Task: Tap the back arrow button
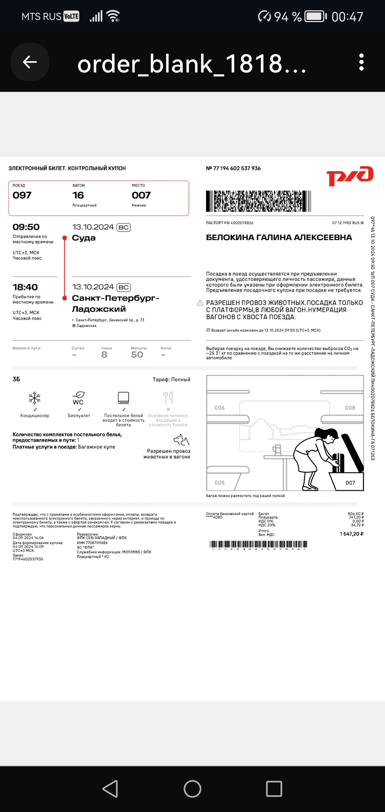(x=30, y=62)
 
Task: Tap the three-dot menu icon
(x=361, y=62)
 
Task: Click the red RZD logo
(x=350, y=176)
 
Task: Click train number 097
(x=22, y=195)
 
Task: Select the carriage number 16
(x=78, y=195)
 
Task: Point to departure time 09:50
(x=26, y=227)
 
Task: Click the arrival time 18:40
(x=25, y=287)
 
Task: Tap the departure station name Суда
(x=84, y=238)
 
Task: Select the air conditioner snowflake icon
(x=35, y=398)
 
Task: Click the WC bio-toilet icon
(x=78, y=398)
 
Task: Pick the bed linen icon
(x=123, y=397)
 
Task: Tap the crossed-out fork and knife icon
(x=168, y=397)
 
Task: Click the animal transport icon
(x=181, y=440)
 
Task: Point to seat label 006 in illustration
(x=220, y=408)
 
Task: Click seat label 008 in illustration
(x=350, y=408)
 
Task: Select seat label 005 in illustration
(x=220, y=483)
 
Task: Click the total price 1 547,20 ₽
(x=351, y=534)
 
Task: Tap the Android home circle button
(x=192, y=789)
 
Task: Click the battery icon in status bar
(x=316, y=16)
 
